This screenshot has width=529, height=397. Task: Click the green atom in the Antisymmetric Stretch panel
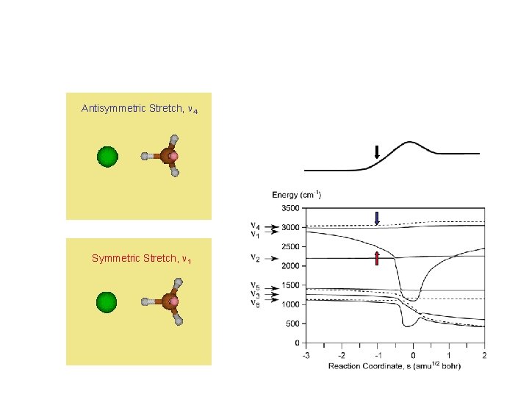pyautogui.click(x=107, y=157)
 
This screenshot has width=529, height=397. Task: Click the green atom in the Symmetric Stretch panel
pyautogui.click(x=107, y=302)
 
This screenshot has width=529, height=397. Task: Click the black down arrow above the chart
pyautogui.click(x=376, y=153)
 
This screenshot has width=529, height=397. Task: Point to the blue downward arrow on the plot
pyautogui.click(x=376, y=218)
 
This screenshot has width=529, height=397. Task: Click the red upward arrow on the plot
pyautogui.click(x=376, y=257)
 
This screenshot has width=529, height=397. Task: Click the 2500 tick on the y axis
pyautogui.click(x=290, y=246)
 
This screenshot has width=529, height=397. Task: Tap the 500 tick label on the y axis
pyautogui.click(x=292, y=323)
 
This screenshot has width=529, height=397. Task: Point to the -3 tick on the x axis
pyautogui.click(x=305, y=354)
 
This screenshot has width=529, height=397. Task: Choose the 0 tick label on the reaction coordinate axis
pyautogui.click(x=413, y=354)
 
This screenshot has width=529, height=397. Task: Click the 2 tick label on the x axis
pyautogui.click(x=485, y=354)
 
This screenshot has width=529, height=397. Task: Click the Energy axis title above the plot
pyautogui.click(x=297, y=195)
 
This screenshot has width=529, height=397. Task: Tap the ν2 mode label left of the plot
pyautogui.click(x=255, y=258)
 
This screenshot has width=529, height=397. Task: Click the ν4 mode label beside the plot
pyautogui.click(x=254, y=225)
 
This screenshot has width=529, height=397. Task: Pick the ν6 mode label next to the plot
pyautogui.click(x=254, y=302)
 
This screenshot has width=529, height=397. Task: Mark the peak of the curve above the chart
pyautogui.click(x=412, y=142)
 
